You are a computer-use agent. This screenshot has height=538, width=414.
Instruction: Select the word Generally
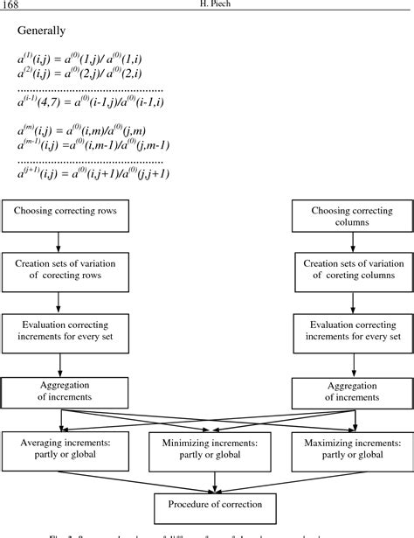(41, 31)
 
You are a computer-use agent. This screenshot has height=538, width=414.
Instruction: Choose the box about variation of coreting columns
(348, 270)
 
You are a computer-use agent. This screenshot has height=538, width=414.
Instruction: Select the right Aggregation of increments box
(348, 391)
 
